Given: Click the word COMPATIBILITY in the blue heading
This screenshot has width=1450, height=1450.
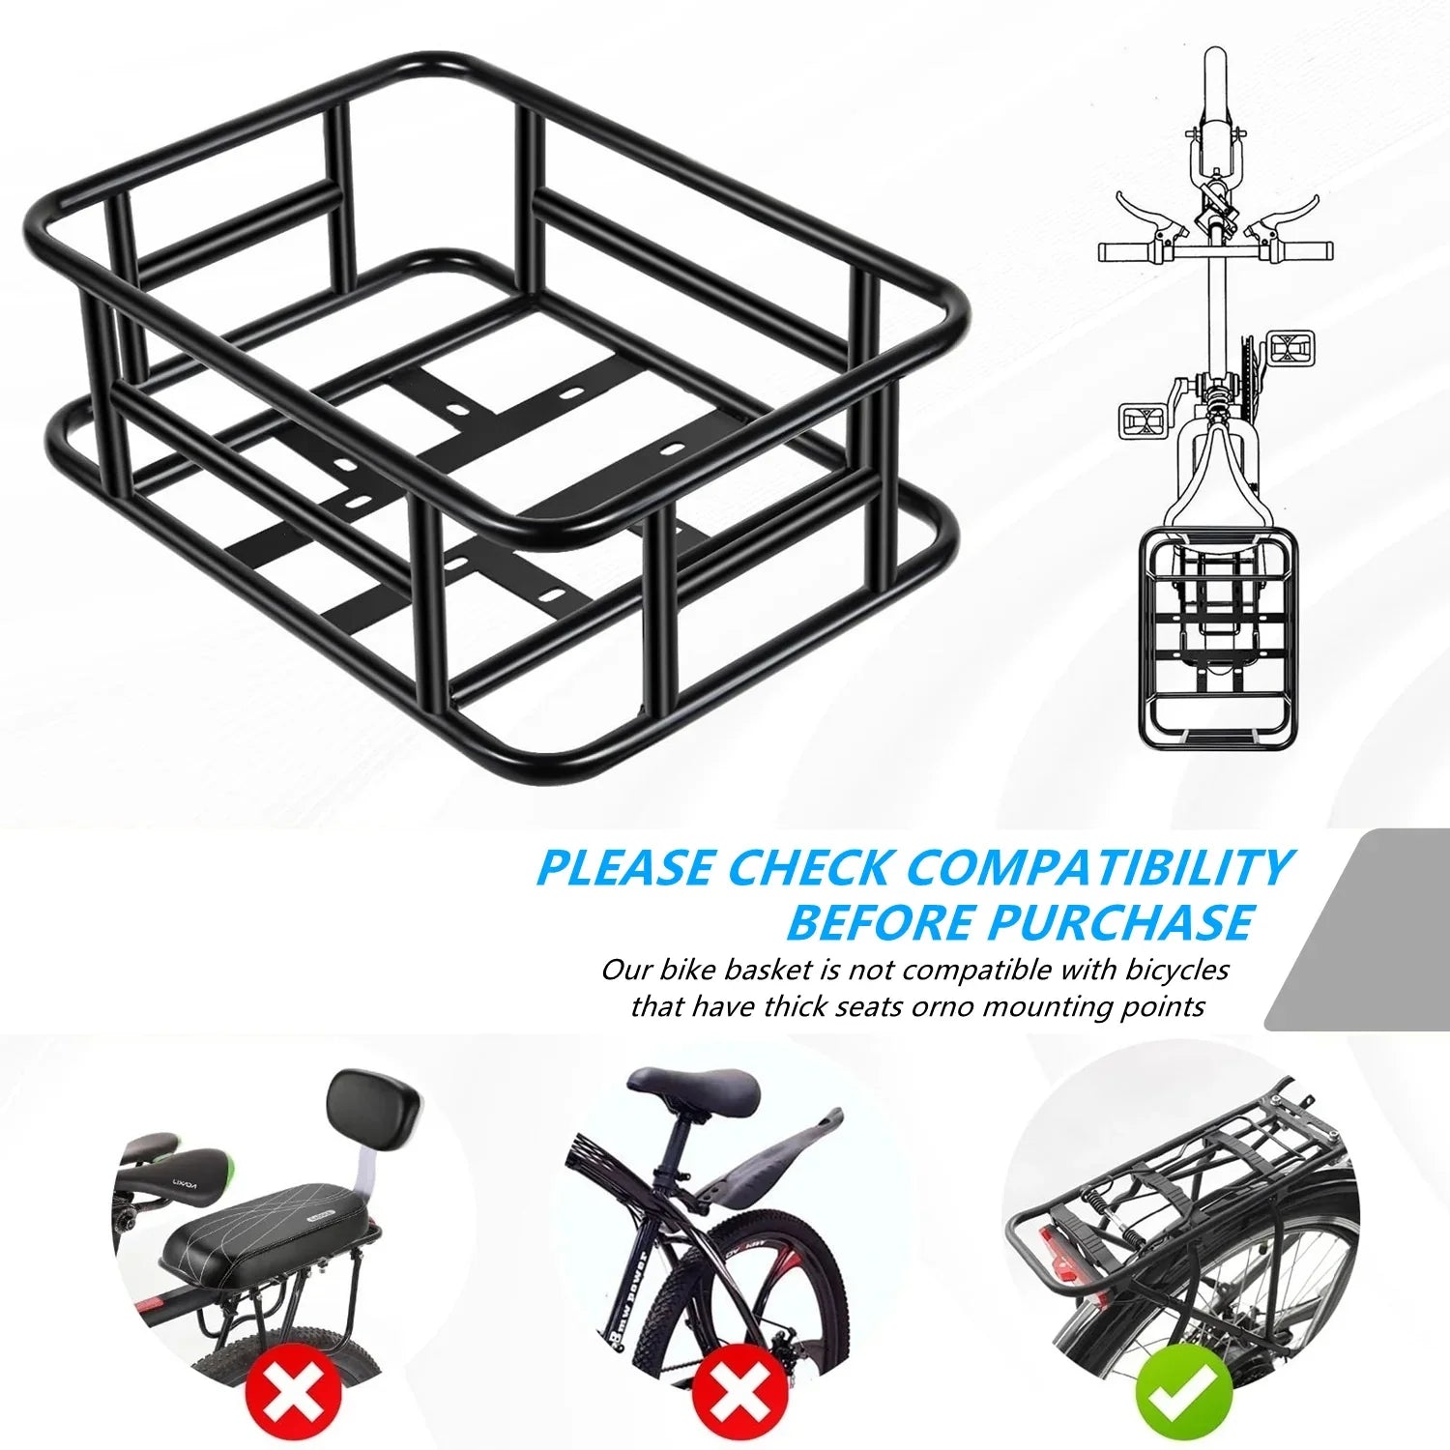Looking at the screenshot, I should [1099, 867].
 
